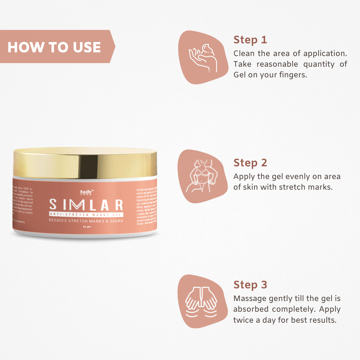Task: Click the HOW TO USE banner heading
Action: (x=54, y=47)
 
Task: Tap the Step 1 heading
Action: (x=250, y=40)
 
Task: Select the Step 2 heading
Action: (x=250, y=163)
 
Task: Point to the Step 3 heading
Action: (x=250, y=285)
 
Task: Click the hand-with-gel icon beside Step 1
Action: (x=203, y=58)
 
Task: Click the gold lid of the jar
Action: (x=85, y=163)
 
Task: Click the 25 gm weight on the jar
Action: (x=86, y=227)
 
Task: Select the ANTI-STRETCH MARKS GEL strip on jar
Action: (x=86, y=215)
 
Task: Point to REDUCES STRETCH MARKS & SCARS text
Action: (x=86, y=221)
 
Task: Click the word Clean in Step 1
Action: (x=244, y=53)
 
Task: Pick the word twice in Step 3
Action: (x=244, y=320)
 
